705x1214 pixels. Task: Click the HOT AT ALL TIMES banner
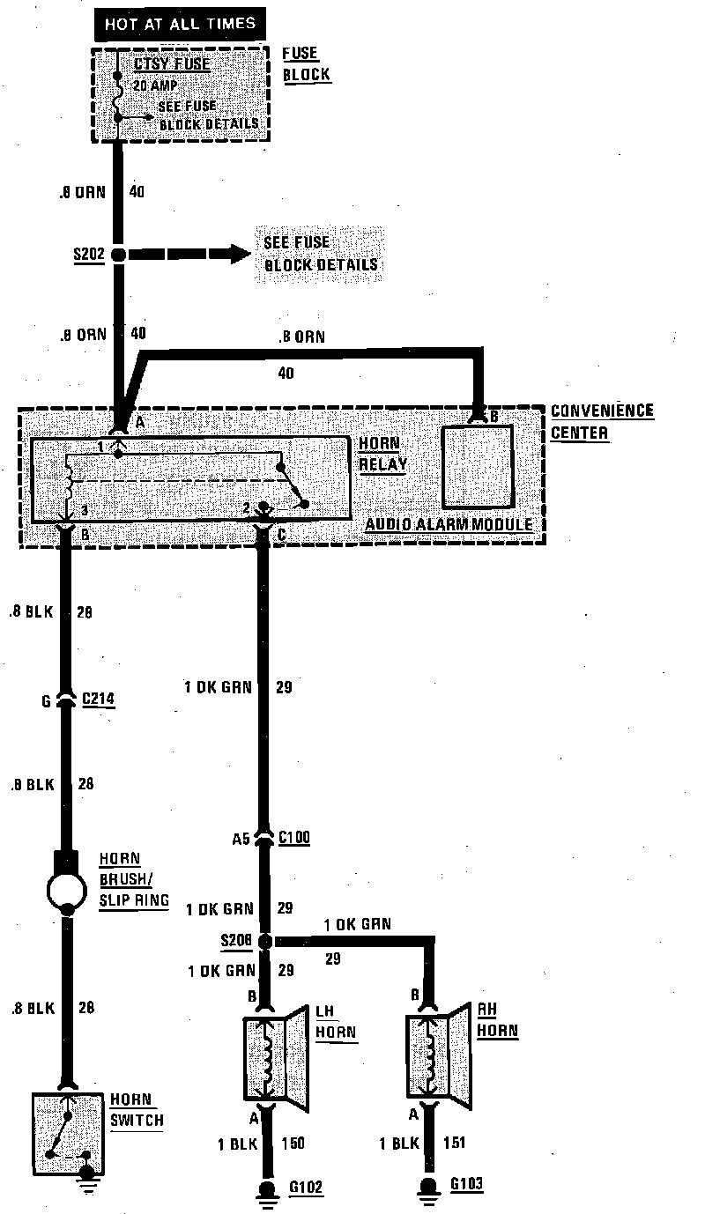181,24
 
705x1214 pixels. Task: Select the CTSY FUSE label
173,64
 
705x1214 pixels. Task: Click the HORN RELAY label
383,454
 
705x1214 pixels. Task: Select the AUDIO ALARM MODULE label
449,525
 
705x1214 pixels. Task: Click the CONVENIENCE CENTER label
602,420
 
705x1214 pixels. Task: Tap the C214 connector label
98,700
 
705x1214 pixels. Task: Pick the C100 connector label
294,838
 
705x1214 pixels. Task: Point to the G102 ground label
306,1188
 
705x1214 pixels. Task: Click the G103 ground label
467,1183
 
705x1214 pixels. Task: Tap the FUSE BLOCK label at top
306,64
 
